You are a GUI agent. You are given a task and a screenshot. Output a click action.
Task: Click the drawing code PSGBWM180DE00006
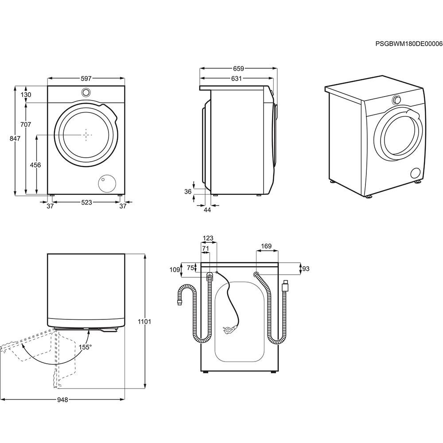408,44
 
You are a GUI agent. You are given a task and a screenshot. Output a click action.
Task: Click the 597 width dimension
86,78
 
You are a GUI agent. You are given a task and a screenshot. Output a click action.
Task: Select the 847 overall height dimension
15,139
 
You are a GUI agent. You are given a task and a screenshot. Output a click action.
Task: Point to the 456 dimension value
35,165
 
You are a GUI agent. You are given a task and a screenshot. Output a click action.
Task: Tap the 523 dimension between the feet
86,202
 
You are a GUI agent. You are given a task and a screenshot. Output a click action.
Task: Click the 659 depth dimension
238,69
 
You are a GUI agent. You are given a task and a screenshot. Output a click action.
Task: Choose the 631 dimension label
236,79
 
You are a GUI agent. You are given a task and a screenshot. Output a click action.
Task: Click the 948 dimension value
62,400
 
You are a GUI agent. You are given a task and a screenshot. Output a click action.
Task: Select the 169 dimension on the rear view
267,246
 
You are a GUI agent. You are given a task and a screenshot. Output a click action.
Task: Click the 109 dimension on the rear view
175,270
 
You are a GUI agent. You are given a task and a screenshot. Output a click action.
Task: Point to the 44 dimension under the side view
207,210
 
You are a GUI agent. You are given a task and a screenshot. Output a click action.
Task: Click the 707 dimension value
26,124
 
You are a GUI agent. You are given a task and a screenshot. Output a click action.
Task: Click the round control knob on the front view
86,92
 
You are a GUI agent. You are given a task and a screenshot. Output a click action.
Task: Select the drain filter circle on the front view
106,183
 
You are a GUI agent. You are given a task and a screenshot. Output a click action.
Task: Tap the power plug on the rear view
228,329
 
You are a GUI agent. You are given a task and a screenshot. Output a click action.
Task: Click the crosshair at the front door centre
86,134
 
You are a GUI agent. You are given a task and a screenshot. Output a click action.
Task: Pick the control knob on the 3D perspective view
396,100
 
